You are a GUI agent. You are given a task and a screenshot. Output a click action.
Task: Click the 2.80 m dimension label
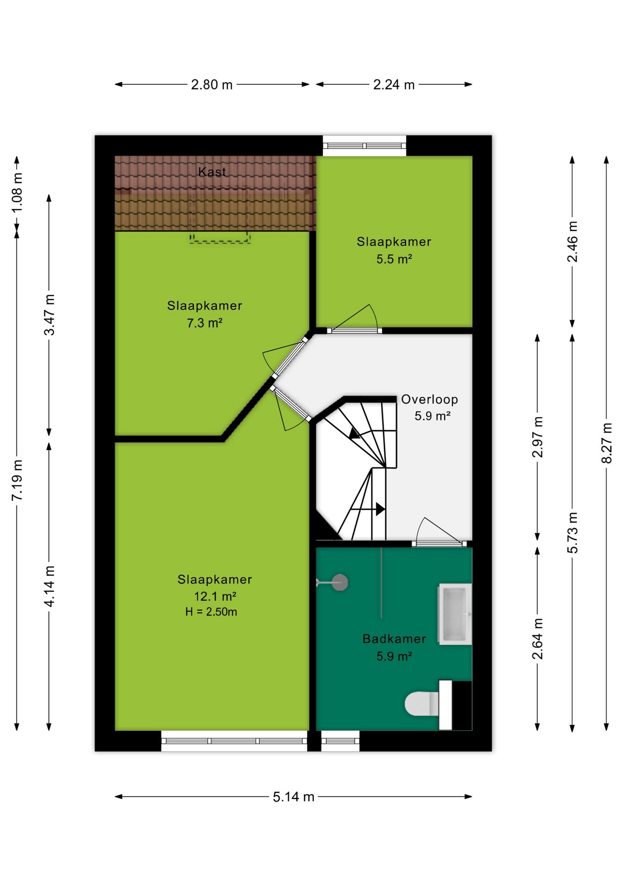pyautogui.click(x=212, y=85)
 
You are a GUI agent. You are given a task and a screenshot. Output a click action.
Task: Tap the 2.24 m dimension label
pyautogui.click(x=394, y=85)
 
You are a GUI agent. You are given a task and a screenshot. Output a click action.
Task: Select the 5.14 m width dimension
pyautogui.click(x=294, y=797)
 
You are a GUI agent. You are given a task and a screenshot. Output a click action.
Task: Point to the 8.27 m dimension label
pyautogui.click(x=606, y=443)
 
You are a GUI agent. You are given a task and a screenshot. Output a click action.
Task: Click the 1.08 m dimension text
pyautogui.click(x=17, y=193)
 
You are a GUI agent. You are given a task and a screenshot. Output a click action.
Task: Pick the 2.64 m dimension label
pyautogui.click(x=537, y=639)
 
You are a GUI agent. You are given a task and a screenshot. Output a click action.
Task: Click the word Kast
pyautogui.click(x=212, y=172)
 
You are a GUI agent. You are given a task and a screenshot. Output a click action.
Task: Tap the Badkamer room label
pyautogui.click(x=394, y=639)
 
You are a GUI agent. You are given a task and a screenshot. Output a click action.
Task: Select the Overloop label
pyautogui.click(x=429, y=400)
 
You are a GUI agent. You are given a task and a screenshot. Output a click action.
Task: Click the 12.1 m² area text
pyautogui.click(x=215, y=597)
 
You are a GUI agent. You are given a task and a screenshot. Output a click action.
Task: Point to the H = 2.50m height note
pyautogui.click(x=211, y=612)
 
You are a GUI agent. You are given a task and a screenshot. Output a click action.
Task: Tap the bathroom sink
pyautogui.click(x=455, y=614)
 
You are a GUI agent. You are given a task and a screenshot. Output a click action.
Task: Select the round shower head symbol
pyautogui.click(x=340, y=583)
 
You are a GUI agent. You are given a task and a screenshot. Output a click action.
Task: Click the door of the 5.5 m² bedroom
pyautogui.click(x=354, y=330)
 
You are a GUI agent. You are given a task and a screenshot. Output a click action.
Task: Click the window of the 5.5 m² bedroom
pyautogui.click(x=365, y=146)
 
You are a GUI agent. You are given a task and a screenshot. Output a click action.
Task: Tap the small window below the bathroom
pyautogui.click(x=340, y=741)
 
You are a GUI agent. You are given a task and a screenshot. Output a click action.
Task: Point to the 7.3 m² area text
pyautogui.click(x=205, y=323)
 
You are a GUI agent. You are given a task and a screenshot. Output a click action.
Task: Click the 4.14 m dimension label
pyautogui.click(x=49, y=586)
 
